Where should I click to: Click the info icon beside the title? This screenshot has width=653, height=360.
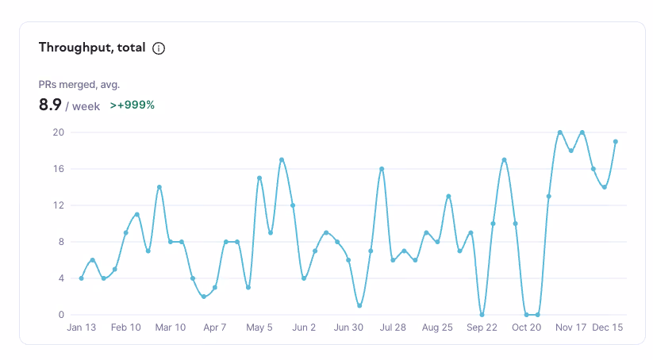click(x=159, y=48)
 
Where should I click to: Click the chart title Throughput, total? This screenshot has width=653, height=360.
click(x=92, y=48)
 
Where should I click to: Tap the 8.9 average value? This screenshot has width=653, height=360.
click(x=50, y=104)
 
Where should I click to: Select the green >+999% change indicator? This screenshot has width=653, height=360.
click(x=132, y=105)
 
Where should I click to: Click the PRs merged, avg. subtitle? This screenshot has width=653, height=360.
click(x=79, y=84)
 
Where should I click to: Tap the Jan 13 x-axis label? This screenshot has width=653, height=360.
click(x=81, y=327)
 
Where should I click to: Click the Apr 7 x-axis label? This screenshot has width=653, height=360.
click(x=215, y=327)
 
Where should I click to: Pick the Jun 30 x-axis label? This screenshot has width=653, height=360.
click(x=348, y=327)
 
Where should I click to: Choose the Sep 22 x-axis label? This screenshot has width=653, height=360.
click(x=482, y=327)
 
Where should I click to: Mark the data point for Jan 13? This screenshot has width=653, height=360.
click(x=82, y=278)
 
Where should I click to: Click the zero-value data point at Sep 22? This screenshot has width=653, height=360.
click(x=482, y=315)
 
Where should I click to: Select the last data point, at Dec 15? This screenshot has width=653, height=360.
click(x=615, y=142)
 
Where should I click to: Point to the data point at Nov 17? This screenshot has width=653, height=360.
click(x=570, y=151)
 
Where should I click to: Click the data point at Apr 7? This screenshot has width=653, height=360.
click(x=215, y=287)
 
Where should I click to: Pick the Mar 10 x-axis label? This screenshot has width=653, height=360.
click(x=171, y=327)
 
